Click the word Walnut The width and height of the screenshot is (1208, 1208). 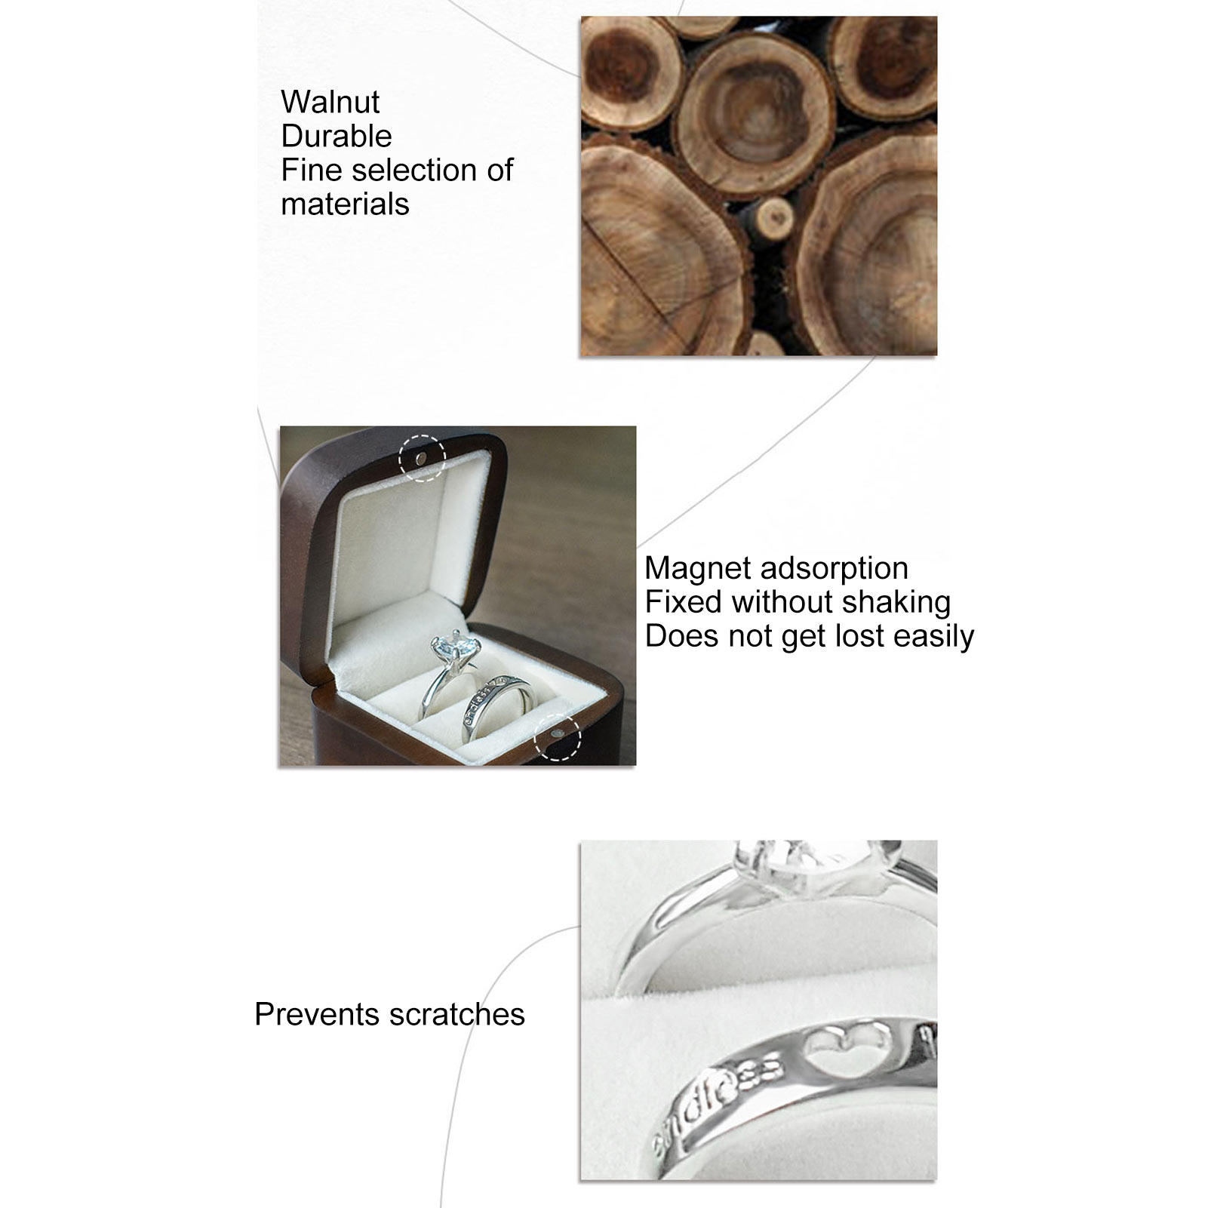pyautogui.click(x=330, y=102)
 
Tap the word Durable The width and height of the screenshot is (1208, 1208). pyautogui.click(x=337, y=136)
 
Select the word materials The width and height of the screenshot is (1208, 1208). pyautogui.click(x=345, y=204)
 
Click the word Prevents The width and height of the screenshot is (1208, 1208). pyautogui.click(x=316, y=1014)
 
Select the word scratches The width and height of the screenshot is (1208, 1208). pyautogui.click(x=456, y=1014)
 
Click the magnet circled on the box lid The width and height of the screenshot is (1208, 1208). pyautogui.click(x=421, y=457)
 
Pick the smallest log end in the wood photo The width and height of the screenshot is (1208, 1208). pyautogui.click(x=773, y=219)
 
